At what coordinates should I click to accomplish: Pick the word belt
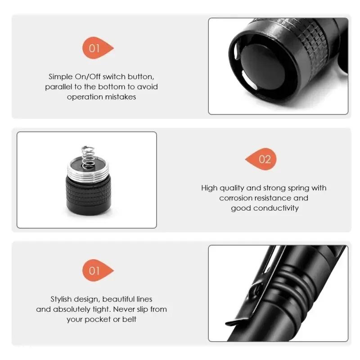[129, 319]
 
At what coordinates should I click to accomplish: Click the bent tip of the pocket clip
[234, 322]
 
